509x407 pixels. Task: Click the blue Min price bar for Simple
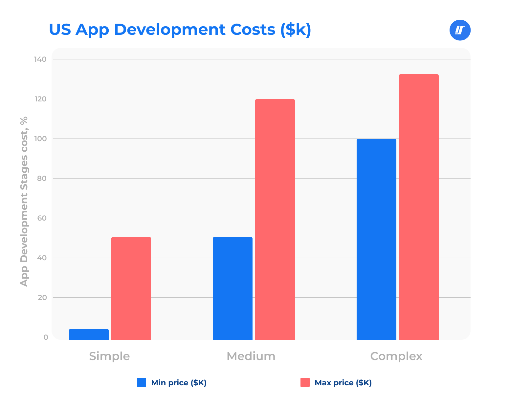point(89,334)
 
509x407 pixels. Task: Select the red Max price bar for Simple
point(131,288)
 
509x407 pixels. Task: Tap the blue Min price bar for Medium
point(232,288)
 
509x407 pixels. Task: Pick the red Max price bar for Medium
point(275,219)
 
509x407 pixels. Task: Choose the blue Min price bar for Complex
point(376,239)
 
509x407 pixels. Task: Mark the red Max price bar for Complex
point(419,207)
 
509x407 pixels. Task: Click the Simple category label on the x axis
point(109,356)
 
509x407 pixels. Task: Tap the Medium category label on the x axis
point(251,356)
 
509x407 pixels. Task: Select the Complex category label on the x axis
point(396,356)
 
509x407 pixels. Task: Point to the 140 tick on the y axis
point(40,59)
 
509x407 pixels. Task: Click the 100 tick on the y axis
point(40,139)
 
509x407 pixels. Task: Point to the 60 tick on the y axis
point(42,218)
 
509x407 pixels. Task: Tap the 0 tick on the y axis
point(46,337)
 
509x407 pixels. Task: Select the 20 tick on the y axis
point(42,298)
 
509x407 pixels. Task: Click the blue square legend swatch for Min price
point(142,382)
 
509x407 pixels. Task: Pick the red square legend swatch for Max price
point(305,382)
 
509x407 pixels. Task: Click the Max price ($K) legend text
point(343,383)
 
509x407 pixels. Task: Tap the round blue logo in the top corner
point(460,30)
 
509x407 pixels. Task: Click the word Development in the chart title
point(169,30)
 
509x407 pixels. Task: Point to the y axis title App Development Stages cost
point(24,201)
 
